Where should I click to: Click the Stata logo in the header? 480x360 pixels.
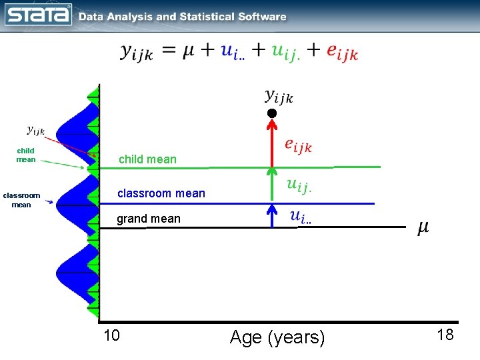click(x=38, y=14)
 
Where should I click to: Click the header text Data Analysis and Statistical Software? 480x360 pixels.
click(x=183, y=17)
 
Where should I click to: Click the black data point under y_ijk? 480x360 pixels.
click(x=271, y=113)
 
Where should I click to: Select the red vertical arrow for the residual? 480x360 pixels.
click(x=271, y=143)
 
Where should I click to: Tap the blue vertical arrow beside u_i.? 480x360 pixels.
click(x=271, y=215)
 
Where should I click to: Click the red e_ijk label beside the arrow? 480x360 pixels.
click(x=297, y=145)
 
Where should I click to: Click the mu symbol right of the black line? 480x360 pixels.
click(x=423, y=228)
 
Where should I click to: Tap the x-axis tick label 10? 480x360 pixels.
click(x=112, y=335)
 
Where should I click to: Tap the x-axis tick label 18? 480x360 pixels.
click(x=445, y=335)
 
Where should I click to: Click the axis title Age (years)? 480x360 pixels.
click(x=277, y=338)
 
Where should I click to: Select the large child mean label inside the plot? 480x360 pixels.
click(x=147, y=159)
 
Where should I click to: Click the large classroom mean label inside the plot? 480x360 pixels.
click(x=161, y=193)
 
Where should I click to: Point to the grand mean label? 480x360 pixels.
click(x=149, y=219)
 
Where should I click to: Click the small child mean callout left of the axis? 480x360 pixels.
click(x=26, y=155)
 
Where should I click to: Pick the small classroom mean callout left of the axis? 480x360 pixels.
click(x=21, y=200)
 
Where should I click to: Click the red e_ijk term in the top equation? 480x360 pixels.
click(x=342, y=52)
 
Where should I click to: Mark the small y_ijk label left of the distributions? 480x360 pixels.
click(x=35, y=131)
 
